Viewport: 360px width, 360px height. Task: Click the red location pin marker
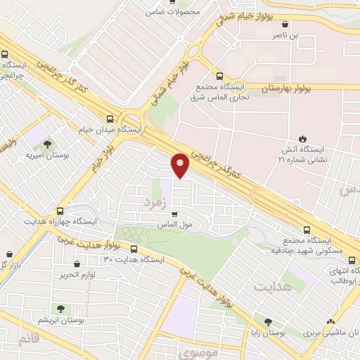pos(181,165)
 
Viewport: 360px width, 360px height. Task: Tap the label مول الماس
pos(176,225)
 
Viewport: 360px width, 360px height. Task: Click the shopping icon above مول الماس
pos(174,214)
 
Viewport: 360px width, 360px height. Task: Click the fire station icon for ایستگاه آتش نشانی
pos(303,138)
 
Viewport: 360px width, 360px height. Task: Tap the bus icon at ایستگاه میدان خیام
pos(109,119)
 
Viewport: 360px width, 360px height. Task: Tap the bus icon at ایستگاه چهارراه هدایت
pos(60,210)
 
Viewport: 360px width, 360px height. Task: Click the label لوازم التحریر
pos(77,273)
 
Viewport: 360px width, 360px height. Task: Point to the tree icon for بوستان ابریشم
pos(59,308)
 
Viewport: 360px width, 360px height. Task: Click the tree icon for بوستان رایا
pos(267,322)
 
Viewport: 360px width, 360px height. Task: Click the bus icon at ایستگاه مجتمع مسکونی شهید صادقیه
pos(306,229)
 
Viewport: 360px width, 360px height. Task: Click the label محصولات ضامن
pos(174,12)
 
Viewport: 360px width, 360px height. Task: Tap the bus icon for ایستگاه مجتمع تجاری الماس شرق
pos(219,76)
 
